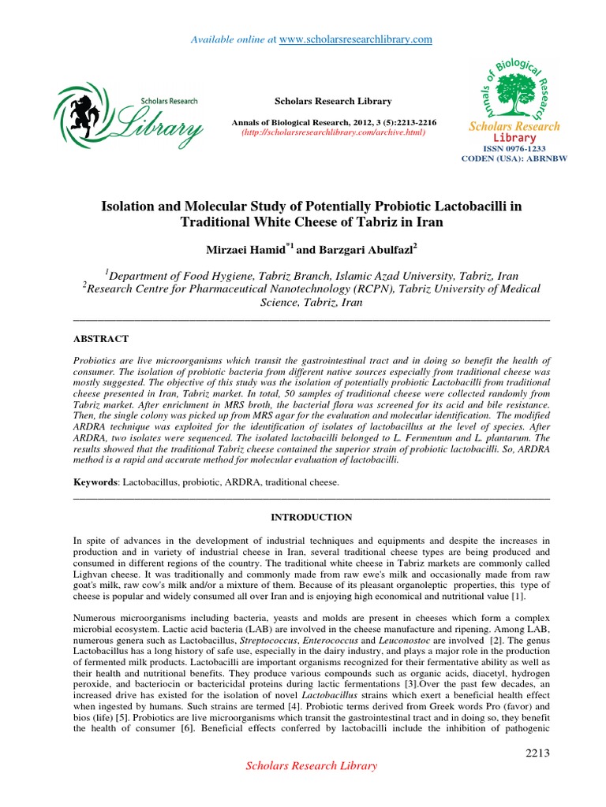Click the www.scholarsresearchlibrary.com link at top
coord(357,39)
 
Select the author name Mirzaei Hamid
coord(239,250)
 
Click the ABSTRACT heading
coord(100,338)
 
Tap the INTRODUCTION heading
coord(311,517)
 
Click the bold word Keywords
coord(93,482)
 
